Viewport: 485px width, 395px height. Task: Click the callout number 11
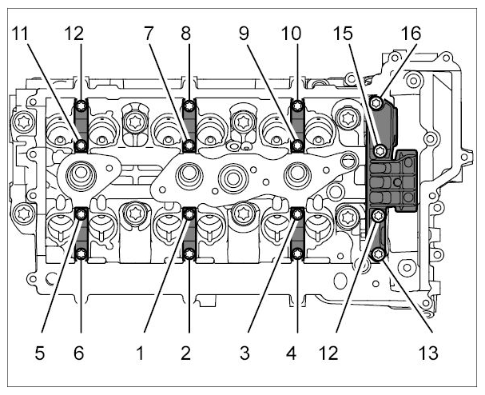20,34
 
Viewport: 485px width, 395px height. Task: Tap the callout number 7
149,34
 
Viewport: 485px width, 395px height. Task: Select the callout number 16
411,34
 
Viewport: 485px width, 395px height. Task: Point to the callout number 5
40,353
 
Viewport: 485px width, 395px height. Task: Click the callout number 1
140,353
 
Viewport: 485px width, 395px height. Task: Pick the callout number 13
428,353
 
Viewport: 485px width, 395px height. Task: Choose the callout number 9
244,34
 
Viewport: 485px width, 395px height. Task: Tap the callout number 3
244,353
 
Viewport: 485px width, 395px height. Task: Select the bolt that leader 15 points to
380,151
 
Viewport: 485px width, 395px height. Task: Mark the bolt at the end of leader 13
378,254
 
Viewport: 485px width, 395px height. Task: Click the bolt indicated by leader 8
189,106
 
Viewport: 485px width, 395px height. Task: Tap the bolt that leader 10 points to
297,106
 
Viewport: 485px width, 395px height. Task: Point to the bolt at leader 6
81,254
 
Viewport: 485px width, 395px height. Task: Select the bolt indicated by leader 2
189,253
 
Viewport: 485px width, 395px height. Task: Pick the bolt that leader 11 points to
81,145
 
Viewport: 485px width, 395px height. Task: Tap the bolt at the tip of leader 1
189,213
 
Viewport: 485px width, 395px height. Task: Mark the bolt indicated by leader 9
298,145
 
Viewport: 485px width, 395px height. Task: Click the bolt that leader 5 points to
81,213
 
